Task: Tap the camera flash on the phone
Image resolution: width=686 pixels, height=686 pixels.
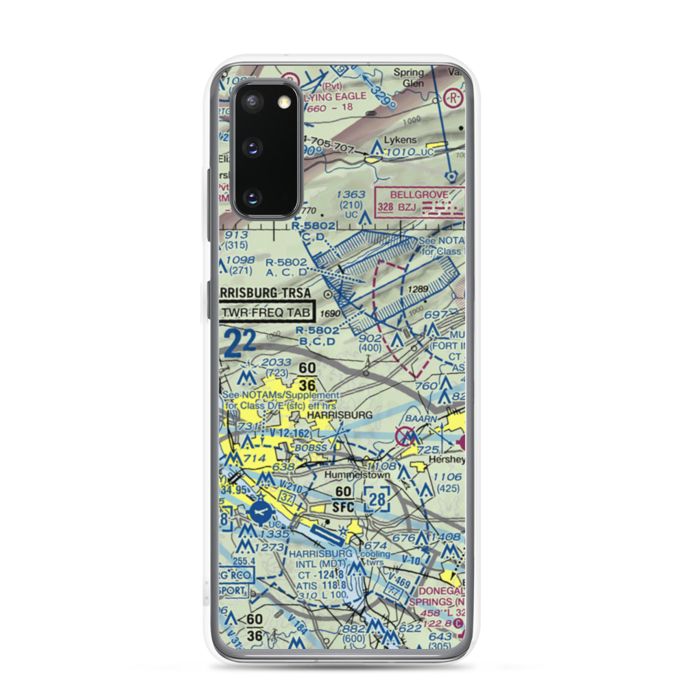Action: click(x=283, y=102)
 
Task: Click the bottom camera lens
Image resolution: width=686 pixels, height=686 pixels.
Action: click(x=251, y=198)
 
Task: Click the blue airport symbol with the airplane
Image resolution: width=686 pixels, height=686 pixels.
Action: click(x=261, y=511)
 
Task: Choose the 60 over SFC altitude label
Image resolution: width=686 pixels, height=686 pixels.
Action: click(x=344, y=499)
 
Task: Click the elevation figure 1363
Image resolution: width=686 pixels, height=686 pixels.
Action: click(x=351, y=195)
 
